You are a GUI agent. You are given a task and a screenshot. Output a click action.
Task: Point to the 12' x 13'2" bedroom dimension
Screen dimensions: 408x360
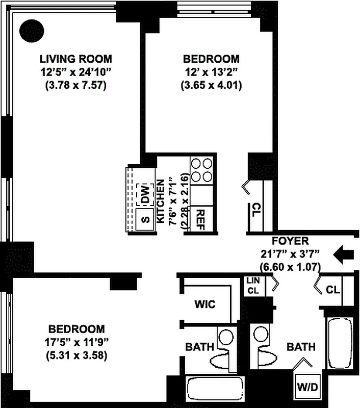pos(210,72)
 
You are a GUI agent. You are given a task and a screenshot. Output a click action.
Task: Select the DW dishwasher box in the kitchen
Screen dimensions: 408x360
pos(145,194)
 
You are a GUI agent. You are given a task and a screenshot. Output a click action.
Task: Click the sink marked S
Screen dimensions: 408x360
pos(144,219)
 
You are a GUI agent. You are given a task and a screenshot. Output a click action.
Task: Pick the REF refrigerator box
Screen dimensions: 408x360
pos(200,219)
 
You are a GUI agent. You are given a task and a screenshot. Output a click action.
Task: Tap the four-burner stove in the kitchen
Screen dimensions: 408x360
pos(201,170)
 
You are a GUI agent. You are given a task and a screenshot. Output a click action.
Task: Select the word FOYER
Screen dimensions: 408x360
pos(290,241)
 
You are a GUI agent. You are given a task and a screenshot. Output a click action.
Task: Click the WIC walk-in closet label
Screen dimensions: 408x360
pos(204,304)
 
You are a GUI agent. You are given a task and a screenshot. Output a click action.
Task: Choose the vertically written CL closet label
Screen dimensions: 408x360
pos(255,210)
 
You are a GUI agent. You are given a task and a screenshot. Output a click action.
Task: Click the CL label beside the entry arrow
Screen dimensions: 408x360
pos(333,290)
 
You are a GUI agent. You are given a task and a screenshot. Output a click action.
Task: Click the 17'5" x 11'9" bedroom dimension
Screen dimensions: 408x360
pos(76,342)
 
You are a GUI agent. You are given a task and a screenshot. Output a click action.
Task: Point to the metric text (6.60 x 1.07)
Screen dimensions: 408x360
pos(289,266)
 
